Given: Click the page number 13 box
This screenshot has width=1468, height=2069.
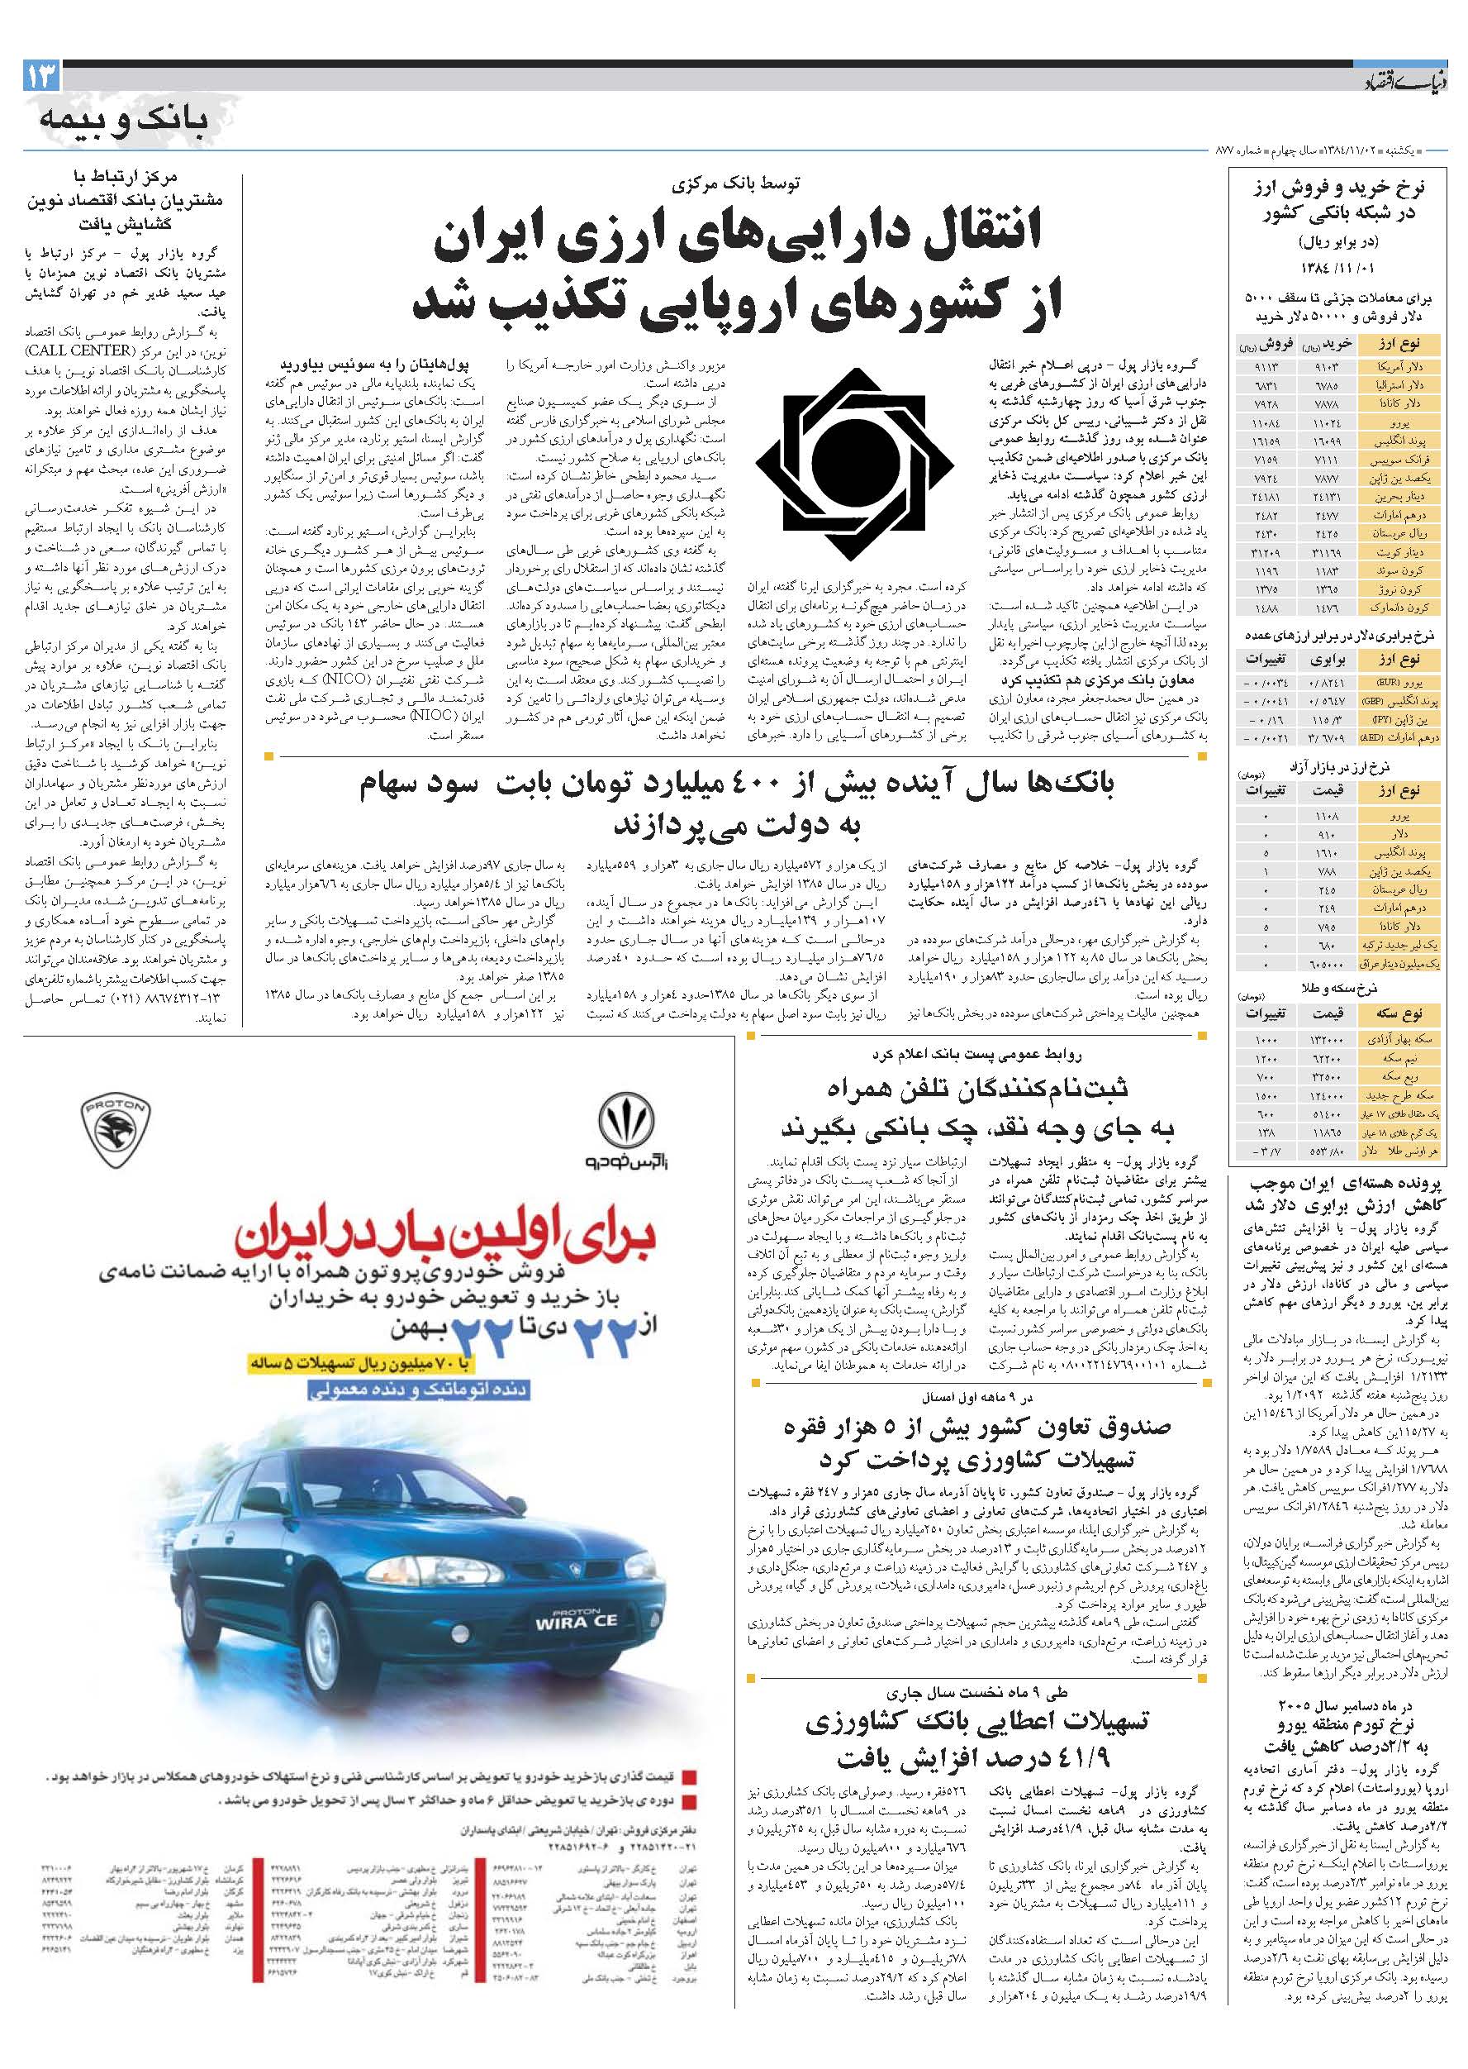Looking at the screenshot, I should (41, 77).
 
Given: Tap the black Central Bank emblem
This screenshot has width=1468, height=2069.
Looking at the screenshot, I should (853, 465).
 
